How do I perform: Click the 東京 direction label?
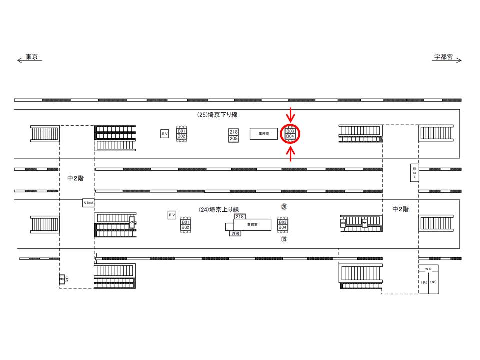pyautogui.click(x=32, y=57)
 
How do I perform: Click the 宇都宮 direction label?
pyautogui.click(x=443, y=57)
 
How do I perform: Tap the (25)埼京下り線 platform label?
pyautogui.click(x=217, y=115)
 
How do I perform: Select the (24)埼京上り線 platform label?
pyautogui.click(x=219, y=209)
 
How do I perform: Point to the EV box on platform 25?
pyautogui.click(x=165, y=134)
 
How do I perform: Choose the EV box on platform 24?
pyautogui.click(x=172, y=215)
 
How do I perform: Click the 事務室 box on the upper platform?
pyautogui.click(x=264, y=134)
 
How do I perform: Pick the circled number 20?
pyautogui.click(x=284, y=206)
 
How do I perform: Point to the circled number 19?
pyautogui.click(x=284, y=239)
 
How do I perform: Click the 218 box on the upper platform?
pyautogui.click(x=233, y=132)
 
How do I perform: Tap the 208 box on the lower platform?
pyautogui.click(x=235, y=233)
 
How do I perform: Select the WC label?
pyautogui.click(x=428, y=269)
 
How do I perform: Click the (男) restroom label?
pyautogui.click(x=423, y=283)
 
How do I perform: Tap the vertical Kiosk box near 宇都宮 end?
pyautogui.click(x=414, y=173)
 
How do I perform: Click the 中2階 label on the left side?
pyautogui.click(x=76, y=178)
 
